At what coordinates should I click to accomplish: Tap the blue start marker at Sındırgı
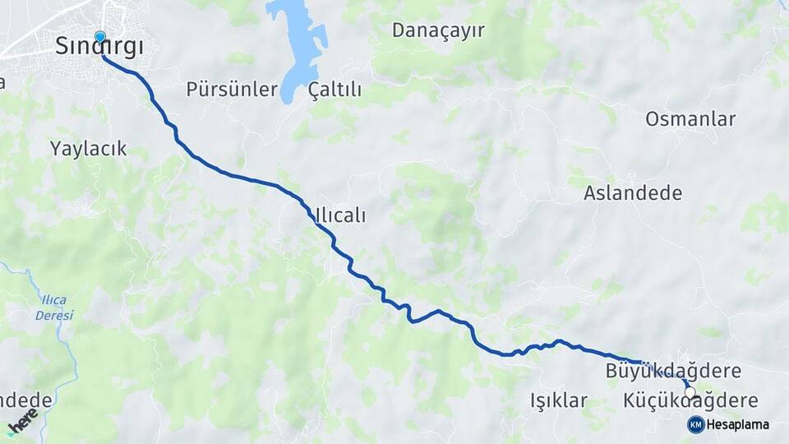click(x=100, y=37)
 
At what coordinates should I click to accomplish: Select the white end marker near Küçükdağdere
click(x=690, y=392)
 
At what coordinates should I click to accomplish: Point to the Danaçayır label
click(x=438, y=31)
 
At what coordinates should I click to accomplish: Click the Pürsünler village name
click(x=232, y=90)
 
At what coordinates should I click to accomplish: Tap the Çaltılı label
click(x=335, y=90)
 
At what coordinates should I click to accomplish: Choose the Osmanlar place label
click(x=690, y=119)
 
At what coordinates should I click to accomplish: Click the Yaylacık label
click(x=88, y=149)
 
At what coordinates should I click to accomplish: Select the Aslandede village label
click(x=633, y=193)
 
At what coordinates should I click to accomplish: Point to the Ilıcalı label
click(x=340, y=215)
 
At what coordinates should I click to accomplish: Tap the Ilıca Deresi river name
click(x=55, y=308)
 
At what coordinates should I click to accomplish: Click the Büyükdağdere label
click(x=673, y=371)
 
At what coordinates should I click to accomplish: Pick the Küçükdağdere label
click(x=690, y=401)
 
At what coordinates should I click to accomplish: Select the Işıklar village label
click(x=559, y=401)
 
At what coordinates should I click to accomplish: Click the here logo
click(x=22, y=421)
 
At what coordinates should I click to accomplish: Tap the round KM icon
click(x=695, y=424)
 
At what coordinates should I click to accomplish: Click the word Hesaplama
click(x=738, y=424)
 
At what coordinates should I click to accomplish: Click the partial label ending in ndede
click(x=25, y=400)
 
